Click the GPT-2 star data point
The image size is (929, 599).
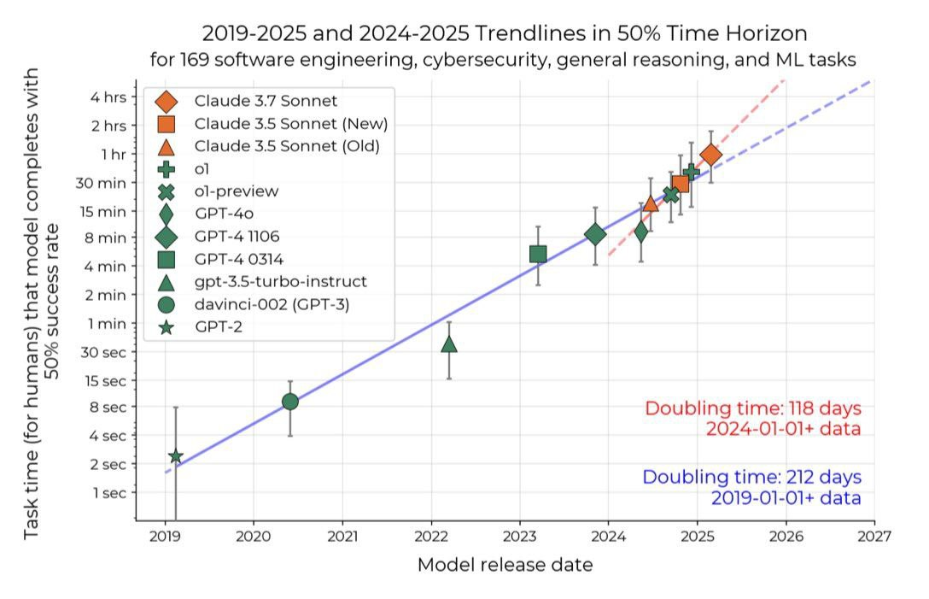[175, 456]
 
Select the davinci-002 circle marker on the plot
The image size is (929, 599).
[290, 402]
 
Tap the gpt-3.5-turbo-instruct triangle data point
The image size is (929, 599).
[449, 344]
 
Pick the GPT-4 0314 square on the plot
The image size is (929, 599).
[538, 254]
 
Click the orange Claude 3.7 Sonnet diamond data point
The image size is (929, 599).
[710, 155]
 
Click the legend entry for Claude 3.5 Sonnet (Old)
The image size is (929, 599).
[287, 146]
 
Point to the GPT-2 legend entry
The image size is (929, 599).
[217, 326]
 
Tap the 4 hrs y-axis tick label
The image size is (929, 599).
[108, 97]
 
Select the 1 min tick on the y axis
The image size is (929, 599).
[108, 323]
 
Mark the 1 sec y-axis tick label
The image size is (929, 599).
[109, 493]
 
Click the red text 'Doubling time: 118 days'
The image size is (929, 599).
[752, 408]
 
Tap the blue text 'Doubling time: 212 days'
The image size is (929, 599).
[751, 477]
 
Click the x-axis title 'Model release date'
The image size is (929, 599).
[505, 565]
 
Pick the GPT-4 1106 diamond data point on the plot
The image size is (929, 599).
[595, 234]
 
